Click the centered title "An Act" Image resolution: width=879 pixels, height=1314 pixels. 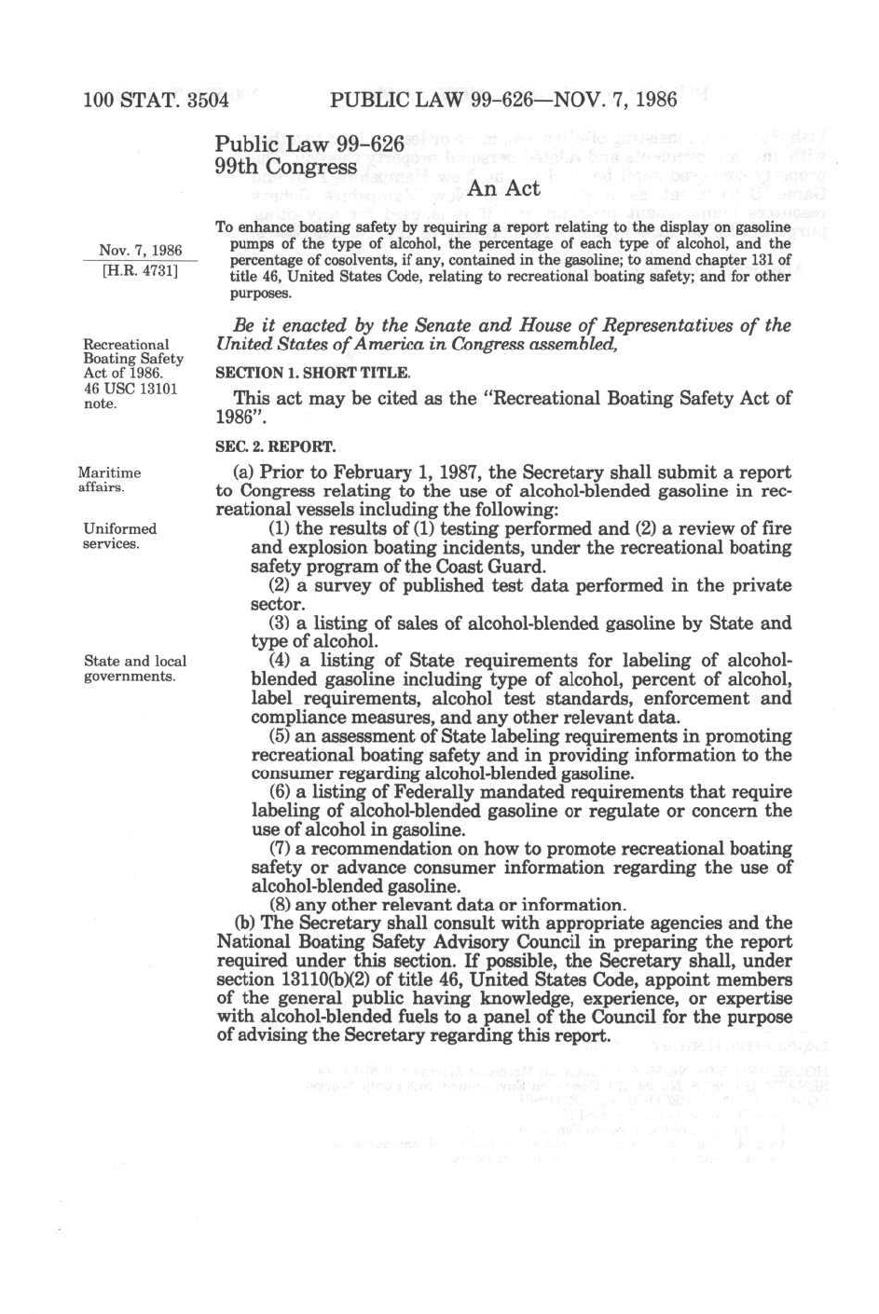(503, 188)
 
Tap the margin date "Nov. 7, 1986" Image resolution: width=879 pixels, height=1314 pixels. (141, 250)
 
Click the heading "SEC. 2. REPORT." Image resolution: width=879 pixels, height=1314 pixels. (275, 447)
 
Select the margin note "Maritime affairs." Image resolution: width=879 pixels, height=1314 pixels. (109, 480)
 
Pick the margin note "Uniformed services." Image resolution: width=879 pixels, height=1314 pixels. (119, 536)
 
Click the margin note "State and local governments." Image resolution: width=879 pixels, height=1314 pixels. (134, 668)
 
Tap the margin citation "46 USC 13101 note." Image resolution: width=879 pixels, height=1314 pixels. (130, 396)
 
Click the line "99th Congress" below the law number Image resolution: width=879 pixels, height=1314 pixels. (285, 167)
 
